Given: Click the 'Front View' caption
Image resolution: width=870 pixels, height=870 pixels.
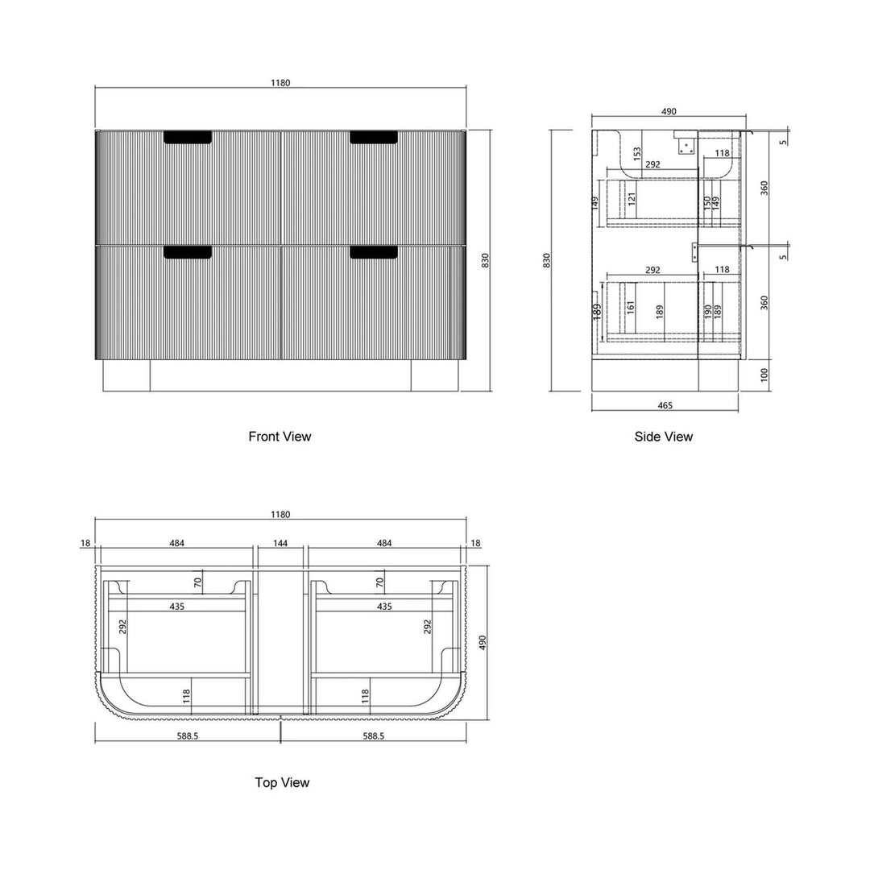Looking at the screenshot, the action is (280, 437).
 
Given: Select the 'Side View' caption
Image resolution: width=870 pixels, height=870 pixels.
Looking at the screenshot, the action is (664, 437).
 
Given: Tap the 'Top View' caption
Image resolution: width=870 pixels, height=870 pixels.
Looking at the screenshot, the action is (282, 782).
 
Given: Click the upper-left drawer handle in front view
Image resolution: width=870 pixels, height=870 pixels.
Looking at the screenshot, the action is (188, 138).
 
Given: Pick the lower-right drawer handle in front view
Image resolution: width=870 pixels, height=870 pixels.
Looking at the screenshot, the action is (374, 252).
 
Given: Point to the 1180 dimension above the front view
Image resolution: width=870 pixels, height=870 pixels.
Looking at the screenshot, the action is (280, 83).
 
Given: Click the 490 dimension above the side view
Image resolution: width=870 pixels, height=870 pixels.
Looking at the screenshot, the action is (669, 111).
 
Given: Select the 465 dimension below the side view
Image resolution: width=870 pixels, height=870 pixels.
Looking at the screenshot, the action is (665, 405).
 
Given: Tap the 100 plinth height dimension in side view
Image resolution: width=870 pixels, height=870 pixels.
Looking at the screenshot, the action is (764, 375).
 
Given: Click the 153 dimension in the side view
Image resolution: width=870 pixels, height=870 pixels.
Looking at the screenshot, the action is (636, 154).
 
